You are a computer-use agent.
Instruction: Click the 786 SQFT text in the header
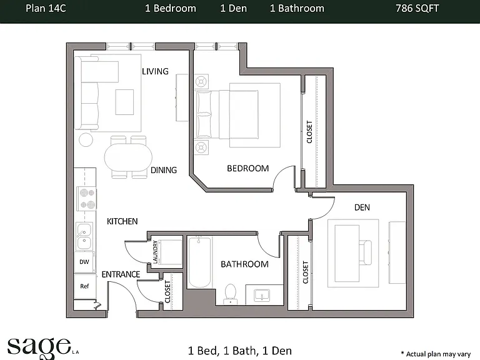(417, 8)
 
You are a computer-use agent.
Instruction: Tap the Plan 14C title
(46, 8)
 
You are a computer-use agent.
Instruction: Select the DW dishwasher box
(84, 262)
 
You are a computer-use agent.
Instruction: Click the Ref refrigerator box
(84, 286)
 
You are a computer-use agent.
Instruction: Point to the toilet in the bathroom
(231, 294)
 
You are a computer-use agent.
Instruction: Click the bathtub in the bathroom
(199, 262)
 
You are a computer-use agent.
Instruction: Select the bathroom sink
(262, 296)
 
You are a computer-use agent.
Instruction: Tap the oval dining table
(128, 157)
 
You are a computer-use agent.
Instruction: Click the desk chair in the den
(365, 252)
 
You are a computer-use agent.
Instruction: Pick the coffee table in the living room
(124, 102)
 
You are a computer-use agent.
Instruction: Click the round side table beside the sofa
(86, 140)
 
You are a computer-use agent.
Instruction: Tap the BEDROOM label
(248, 168)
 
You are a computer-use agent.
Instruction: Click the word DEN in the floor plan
(362, 207)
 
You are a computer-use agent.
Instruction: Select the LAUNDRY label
(155, 252)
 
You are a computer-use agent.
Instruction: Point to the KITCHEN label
(122, 221)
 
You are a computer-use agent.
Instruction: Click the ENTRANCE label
(121, 274)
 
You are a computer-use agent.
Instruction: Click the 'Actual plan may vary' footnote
(436, 354)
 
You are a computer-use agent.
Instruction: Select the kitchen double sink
(84, 236)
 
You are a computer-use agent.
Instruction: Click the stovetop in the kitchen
(87, 199)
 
